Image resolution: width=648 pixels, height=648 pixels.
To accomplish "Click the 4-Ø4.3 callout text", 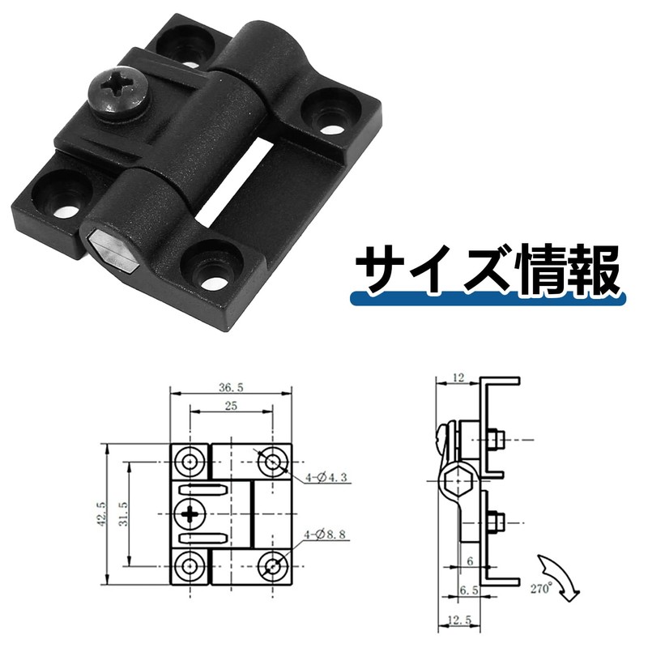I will (x=329, y=479).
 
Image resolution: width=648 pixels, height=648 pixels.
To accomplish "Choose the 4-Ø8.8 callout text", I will (x=329, y=535).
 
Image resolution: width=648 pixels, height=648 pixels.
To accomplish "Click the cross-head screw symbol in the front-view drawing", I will (x=191, y=514).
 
